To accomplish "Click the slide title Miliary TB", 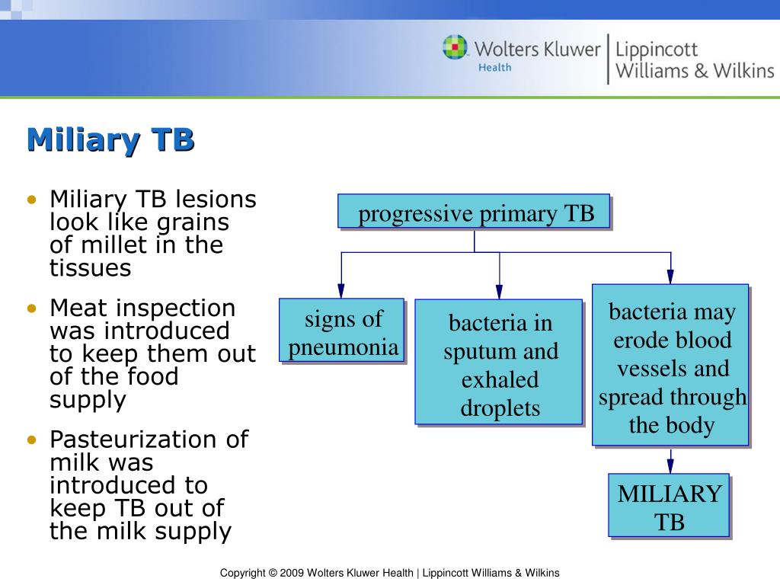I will [x=110, y=140].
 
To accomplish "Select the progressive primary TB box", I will [x=475, y=213].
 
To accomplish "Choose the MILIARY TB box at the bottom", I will [x=669, y=507].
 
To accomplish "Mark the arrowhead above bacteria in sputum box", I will [x=499, y=290].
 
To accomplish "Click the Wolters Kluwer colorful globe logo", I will [x=456, y=47].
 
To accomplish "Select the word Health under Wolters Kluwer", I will [x=494, y=67].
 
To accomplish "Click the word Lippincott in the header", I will [x=656, y=50].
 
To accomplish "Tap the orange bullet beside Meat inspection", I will [x=31, y=309].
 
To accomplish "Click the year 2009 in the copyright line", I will [x=292, y=573].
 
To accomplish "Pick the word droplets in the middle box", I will [x=500, y=408].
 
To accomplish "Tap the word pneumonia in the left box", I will [x=343, y=347].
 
